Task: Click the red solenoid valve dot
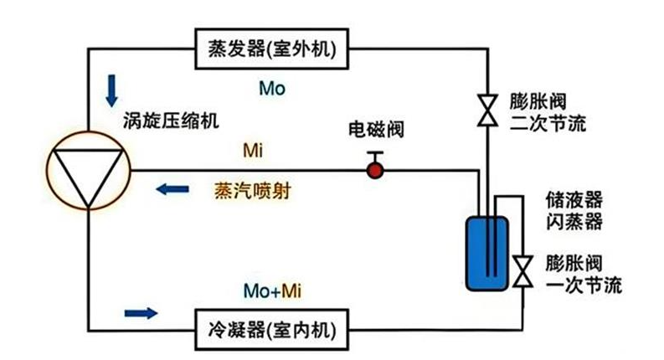pyautogui.click(x=374, y=171)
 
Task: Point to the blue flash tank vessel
pyautogui.click(x=486, y=250)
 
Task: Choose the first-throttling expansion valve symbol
pyautogui.click(x=522, y=270)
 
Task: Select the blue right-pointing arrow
pyautogui.click(x=140, y=313)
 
